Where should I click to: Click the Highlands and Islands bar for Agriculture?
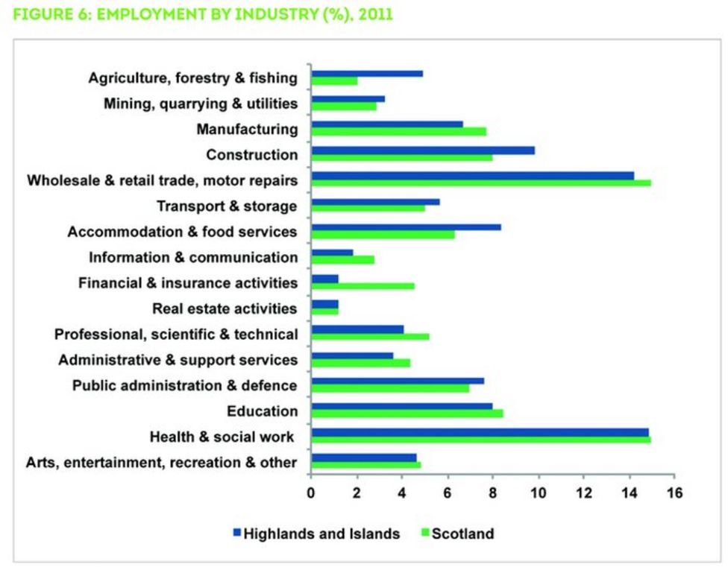pyautogui.click(x=367, y=74)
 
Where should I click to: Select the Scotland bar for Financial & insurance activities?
pyautogui.click(x=363, y=285)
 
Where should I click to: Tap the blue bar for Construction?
pyautogui.click(x=423, y=150)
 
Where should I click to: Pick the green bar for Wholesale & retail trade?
pyautogui.click(x=481, y=183)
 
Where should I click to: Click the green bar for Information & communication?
pyautogui.click(x=342, y=260)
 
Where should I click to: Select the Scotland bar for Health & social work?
pyautogui.click(x=481, y=439)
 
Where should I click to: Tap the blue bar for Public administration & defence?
pyautogui.click(x=398, y=380)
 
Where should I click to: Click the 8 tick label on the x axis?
pyautogui.click(x=493, y=493)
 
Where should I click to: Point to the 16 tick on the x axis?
pyautogui.click(x=674, y=493)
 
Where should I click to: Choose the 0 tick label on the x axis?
pyautogui.click(x=312, y=493)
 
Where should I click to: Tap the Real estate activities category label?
pyautogui.click(x=225, y=308)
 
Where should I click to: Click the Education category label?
pyautogui.click(x=263, y=411)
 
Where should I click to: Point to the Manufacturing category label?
pyautogui.click(x=247, y=130)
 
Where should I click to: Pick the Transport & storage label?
pyautogui.click(x=227, y=206)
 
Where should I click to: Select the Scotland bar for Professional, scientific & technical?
pyautogui.click(x=370, y=336)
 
